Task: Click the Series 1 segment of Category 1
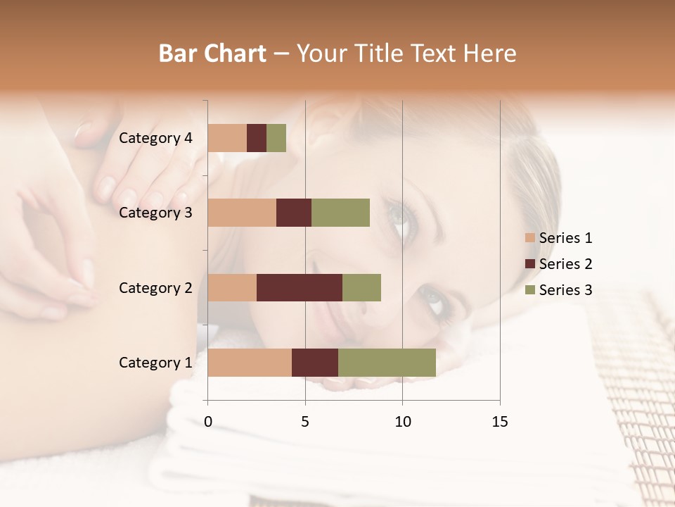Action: click(x=250, y=362)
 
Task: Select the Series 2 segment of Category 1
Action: click(x=315, y=362)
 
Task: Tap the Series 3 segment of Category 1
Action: click(x=387, y=362)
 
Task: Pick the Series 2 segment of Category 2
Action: click(x=300, y=287)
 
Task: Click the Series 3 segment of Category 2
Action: click(x=361, y=287)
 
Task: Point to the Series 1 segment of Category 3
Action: click(x=242, y=213)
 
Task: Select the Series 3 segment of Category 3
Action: click(x=340, y=213)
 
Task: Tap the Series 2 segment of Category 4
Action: click(x=257, y=138)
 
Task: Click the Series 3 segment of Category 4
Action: click(x=276, y=138)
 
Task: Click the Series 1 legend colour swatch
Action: click(x=529, y=238)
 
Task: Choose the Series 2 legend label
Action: click(x=565, y=264)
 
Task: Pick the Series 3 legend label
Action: click(x=565, y=290)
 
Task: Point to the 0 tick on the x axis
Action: click(x=208, y=422)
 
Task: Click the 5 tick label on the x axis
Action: click(x=305, y=422)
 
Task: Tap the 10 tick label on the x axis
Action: click(x=402, y=422)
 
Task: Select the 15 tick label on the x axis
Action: click(x=499, y=422)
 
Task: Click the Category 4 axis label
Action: click(x=155, y=138)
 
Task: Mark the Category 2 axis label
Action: click(x=155, y=287)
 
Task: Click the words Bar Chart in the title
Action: click(x=212, y=54)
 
